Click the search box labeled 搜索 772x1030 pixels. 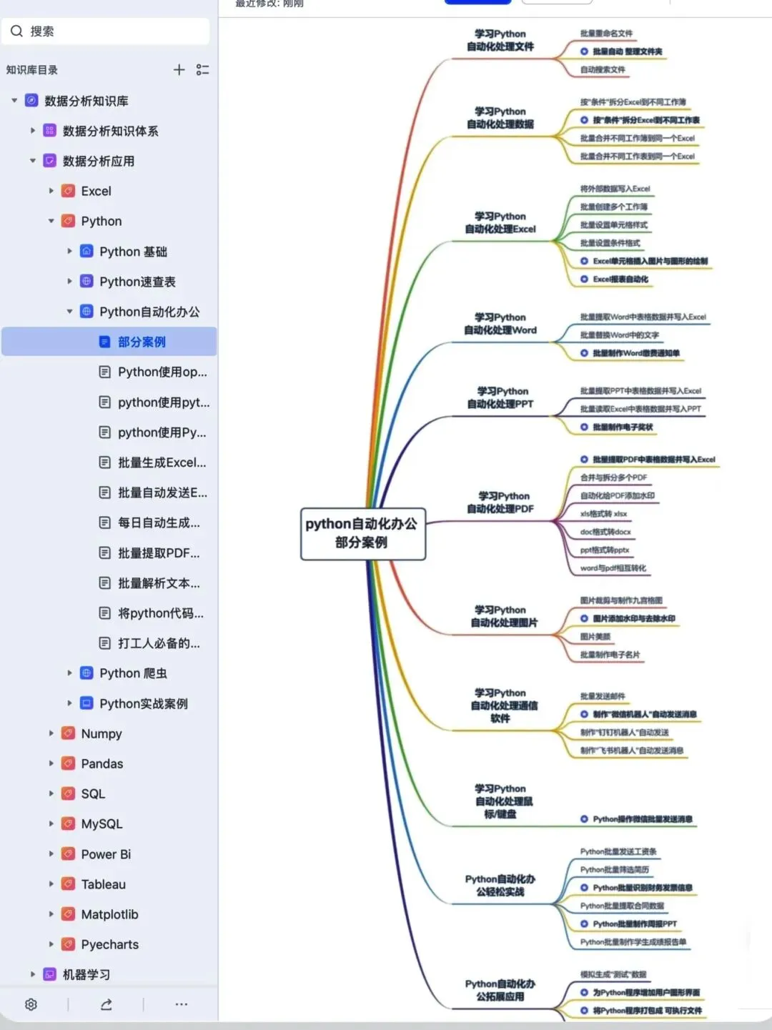tap(107, 31)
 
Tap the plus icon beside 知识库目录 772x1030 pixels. tap(179, 69)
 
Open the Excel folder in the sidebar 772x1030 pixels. tap(96, 191)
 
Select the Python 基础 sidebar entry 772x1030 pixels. tap(133, 252)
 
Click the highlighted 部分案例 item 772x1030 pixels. tap(142, 342)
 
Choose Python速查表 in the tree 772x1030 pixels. tap(137, 282)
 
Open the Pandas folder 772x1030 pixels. tap(102, 763)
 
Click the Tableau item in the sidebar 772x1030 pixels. tap(103, 884)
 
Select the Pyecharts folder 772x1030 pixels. tap(109, 944)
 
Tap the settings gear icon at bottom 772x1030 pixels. tap(31, 1004)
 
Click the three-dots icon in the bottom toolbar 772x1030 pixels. tap(182, 1004)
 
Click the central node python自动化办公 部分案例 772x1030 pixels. tap(362, 533)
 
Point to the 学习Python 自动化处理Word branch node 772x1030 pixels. tap(500, 324)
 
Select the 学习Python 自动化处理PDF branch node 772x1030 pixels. tap(500, 502)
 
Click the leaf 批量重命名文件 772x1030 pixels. tap(606, 34)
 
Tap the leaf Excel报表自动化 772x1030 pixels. tap(620, 279)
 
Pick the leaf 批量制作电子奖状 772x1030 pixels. tap(622, 427)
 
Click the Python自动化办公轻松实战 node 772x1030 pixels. tap(500, 886)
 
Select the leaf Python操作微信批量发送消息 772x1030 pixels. tap(642, 819)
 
